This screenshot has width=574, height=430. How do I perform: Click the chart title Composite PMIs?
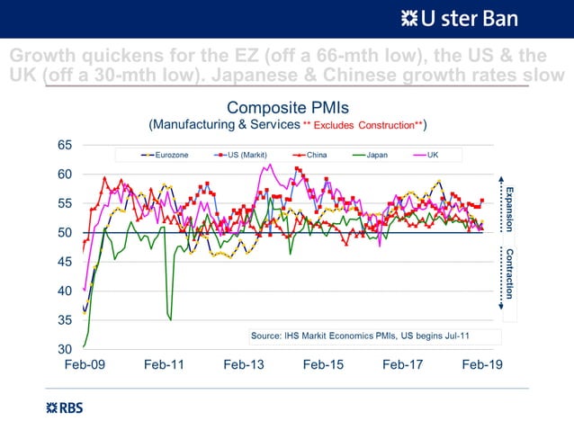click(287, 109)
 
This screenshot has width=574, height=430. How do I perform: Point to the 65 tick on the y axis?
click(65, 145)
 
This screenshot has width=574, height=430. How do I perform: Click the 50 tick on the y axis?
click(65, 232)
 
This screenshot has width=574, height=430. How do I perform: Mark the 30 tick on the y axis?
click(65, 349)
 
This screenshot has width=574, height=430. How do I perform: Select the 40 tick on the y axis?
click(65, 291)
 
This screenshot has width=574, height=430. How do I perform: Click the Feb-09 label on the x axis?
click(84, 366)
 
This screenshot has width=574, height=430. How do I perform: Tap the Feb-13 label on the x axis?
click(243, 366)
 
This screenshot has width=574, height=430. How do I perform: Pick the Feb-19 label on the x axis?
click(482, 366)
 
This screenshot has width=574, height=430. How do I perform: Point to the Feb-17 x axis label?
click(402, 366)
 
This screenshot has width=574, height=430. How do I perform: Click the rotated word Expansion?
click(509, 208)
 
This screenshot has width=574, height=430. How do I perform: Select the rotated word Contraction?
click(509, 273)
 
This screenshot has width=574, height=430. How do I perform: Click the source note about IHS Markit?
click(360, 336)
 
